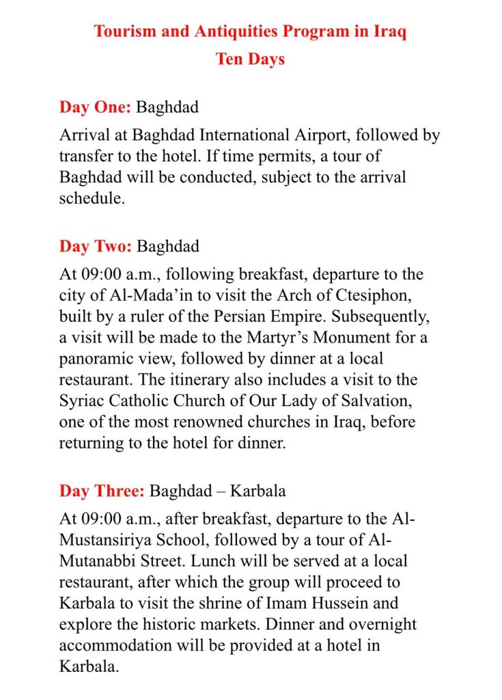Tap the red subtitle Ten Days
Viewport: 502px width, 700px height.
click(250, 59)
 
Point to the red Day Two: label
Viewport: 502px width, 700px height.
click(95, 246)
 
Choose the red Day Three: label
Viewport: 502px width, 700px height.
click(102, 491)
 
